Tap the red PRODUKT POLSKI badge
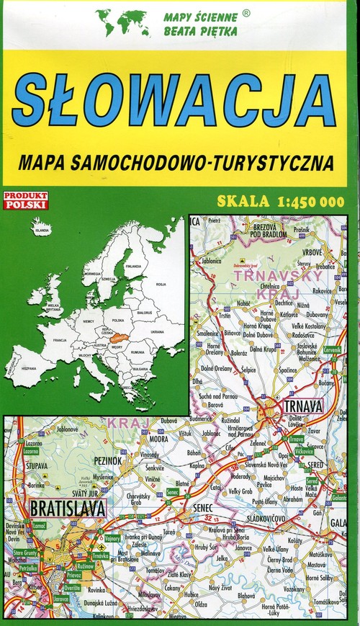pyautogui.click(x=25, y=200)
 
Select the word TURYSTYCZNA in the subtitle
pyautogui.click(x=271, y=162)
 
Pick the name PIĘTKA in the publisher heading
pyautogui.click(x=219, y=32)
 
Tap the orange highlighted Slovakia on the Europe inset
pyautogui.click(x=119, y=335)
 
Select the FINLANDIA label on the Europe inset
pyautogui.click(x=133, y=267)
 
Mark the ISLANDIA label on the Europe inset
pyautogui.click(x=42, y=230)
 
